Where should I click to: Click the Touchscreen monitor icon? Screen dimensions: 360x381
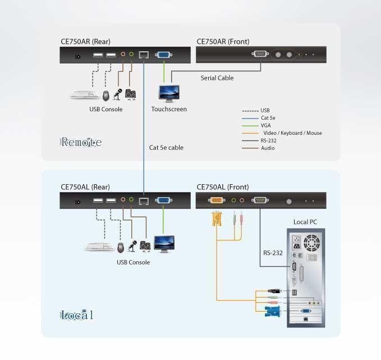tap(169, 93)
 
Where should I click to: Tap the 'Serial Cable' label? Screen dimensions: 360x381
tap(217, 78)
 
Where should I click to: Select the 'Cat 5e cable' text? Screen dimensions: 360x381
tap(166, 148)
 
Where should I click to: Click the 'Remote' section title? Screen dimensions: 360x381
tap(81, 142)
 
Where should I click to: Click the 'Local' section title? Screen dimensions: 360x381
tap(77, 315)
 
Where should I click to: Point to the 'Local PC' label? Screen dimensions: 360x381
tap(305, 222)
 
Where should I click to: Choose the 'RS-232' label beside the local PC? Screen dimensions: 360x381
tap(273, 253)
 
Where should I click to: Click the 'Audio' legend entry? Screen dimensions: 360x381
tap(268, 148)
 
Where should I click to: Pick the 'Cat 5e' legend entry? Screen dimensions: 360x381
tap(269, 118)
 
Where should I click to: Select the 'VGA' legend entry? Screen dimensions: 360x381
tap(265, 125)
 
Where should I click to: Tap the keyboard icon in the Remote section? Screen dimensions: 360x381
tap(85, 94)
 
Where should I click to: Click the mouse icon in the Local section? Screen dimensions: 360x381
tap(121, 247)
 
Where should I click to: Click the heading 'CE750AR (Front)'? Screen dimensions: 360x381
tap(223, 42)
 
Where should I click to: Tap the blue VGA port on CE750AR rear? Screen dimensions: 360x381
tap(164, 55)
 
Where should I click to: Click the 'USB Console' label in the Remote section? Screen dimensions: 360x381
tap(105, 109)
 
